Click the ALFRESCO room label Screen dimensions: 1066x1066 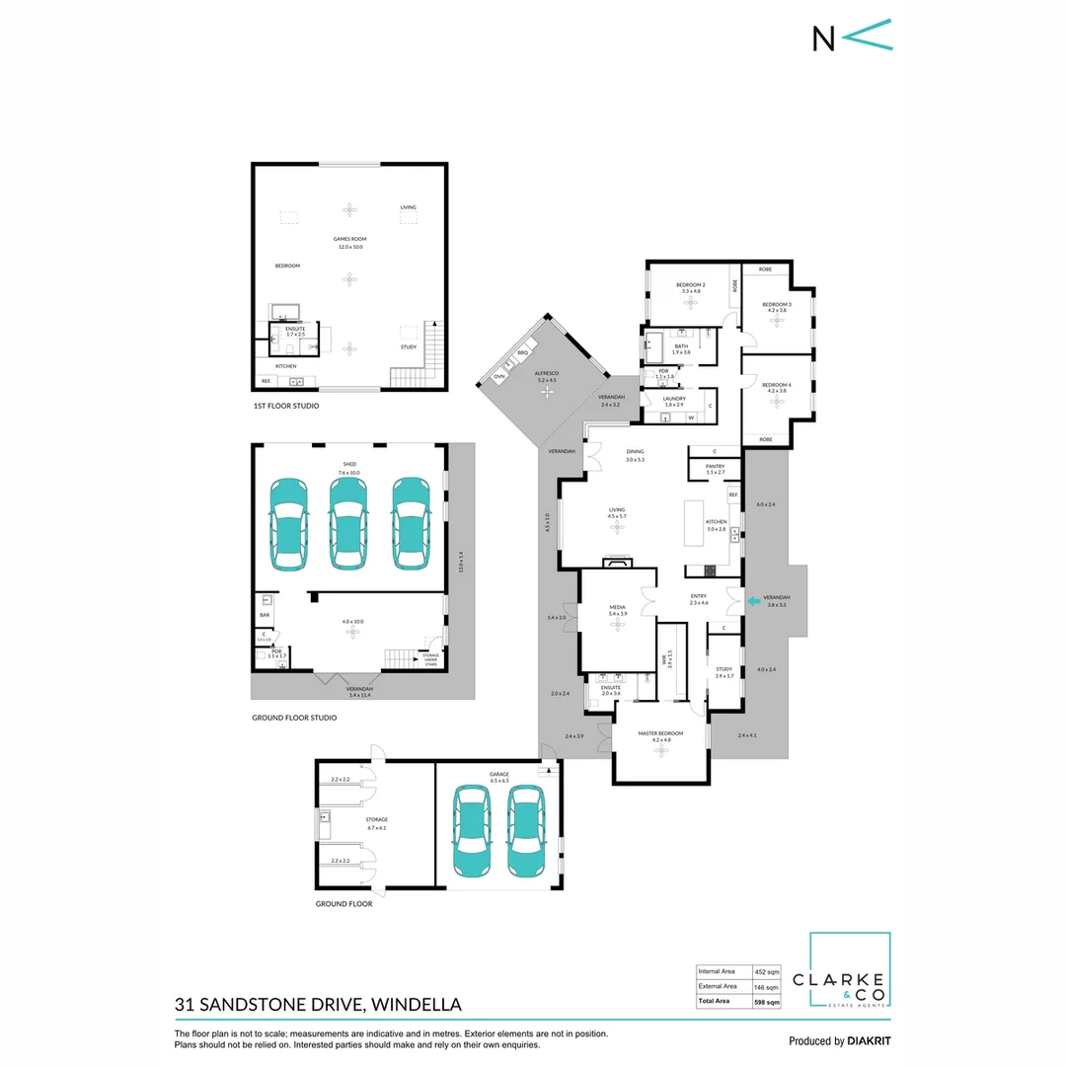[x=547, y=372]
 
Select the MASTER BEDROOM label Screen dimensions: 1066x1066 [x=661, y=733]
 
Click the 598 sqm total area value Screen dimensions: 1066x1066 [x=767, y=1002]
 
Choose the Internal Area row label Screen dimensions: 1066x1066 [x=718, y=970]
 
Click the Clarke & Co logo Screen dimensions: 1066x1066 [x=850, y=971]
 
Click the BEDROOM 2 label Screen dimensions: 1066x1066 [x=690, y=284]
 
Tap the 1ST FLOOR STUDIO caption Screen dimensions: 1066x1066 [x=285, y=406]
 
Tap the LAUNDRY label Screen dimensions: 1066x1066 [x=675, y=399]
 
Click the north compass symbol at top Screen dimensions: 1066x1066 [x=852, y=36]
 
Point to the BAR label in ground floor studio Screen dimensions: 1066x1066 [x=265, y=615]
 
